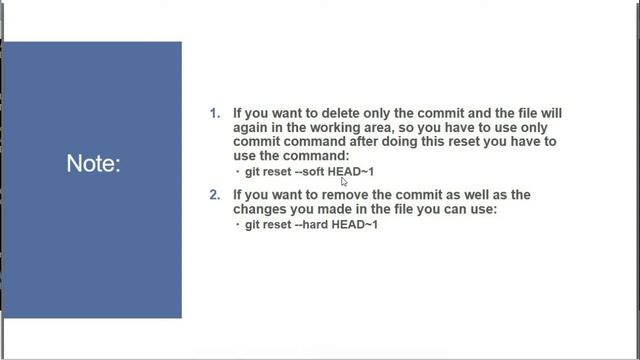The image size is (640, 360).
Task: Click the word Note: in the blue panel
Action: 93,164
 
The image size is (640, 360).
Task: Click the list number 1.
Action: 214,114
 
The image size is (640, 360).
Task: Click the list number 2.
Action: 214,195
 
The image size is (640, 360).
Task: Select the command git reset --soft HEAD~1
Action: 309,172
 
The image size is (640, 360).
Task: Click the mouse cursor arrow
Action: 343,182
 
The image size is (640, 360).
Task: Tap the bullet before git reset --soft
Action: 238,173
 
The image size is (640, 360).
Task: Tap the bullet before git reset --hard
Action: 238,226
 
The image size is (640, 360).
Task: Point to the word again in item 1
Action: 253,128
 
